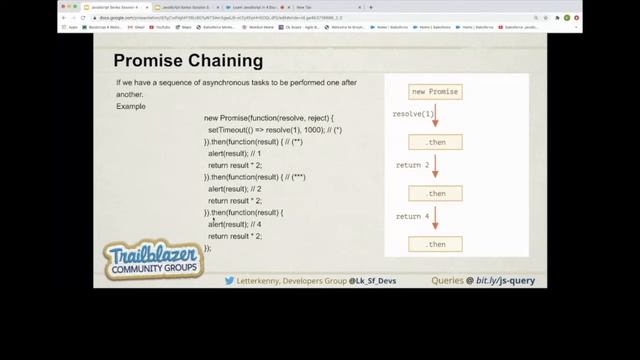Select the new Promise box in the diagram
(x=435, y=92)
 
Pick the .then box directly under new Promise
(x=435, y=143)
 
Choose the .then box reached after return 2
(x=435, y=193)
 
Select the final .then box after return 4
(x=435, y=243)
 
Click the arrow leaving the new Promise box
(x=435, y=117)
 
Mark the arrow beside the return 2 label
(x=435, y=167)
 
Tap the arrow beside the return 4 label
(x=435, y=217)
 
